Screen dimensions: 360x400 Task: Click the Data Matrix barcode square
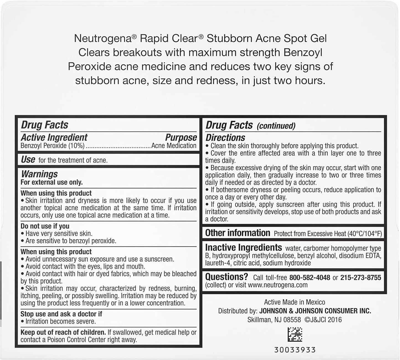(295, 334)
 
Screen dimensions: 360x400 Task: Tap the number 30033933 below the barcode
(295, 350)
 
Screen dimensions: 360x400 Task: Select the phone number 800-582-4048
(309, 278)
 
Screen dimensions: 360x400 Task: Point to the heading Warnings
(39, 174)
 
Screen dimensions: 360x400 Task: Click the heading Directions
(225, 138)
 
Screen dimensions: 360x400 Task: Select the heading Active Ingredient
(54, 137)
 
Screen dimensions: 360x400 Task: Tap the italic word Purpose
(181, 137)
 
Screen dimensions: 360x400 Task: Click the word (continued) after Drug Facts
(276, 126)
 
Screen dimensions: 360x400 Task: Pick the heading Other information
(238, 233)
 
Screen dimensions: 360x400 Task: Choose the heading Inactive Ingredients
(243, 247)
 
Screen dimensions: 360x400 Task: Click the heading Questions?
(227, 277)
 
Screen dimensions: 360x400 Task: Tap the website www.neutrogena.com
(278, 285)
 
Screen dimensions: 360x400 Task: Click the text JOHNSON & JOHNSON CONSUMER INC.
(315, 311)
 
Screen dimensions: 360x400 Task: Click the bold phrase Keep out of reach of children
(63, 332)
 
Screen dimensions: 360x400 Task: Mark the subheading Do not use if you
(45, 226)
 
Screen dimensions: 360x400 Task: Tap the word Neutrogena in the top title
(103, 38)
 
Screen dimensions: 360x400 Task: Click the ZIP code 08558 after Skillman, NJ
(292, 320)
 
